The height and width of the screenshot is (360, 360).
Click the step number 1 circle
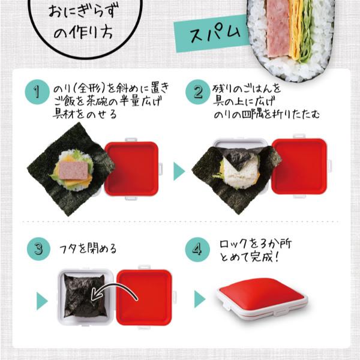point(37,93)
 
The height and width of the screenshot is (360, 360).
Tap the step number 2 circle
point(197,93)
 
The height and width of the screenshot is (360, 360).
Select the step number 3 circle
point(37,249)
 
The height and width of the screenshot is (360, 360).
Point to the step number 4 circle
point(197,249)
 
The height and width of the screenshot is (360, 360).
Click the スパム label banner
point(211,34)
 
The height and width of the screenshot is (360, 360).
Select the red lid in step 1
point(131,169)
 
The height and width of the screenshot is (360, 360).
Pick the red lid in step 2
point(298,167)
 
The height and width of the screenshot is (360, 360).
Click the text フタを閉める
point(88,249)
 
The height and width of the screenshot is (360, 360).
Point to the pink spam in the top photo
point(274,30)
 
